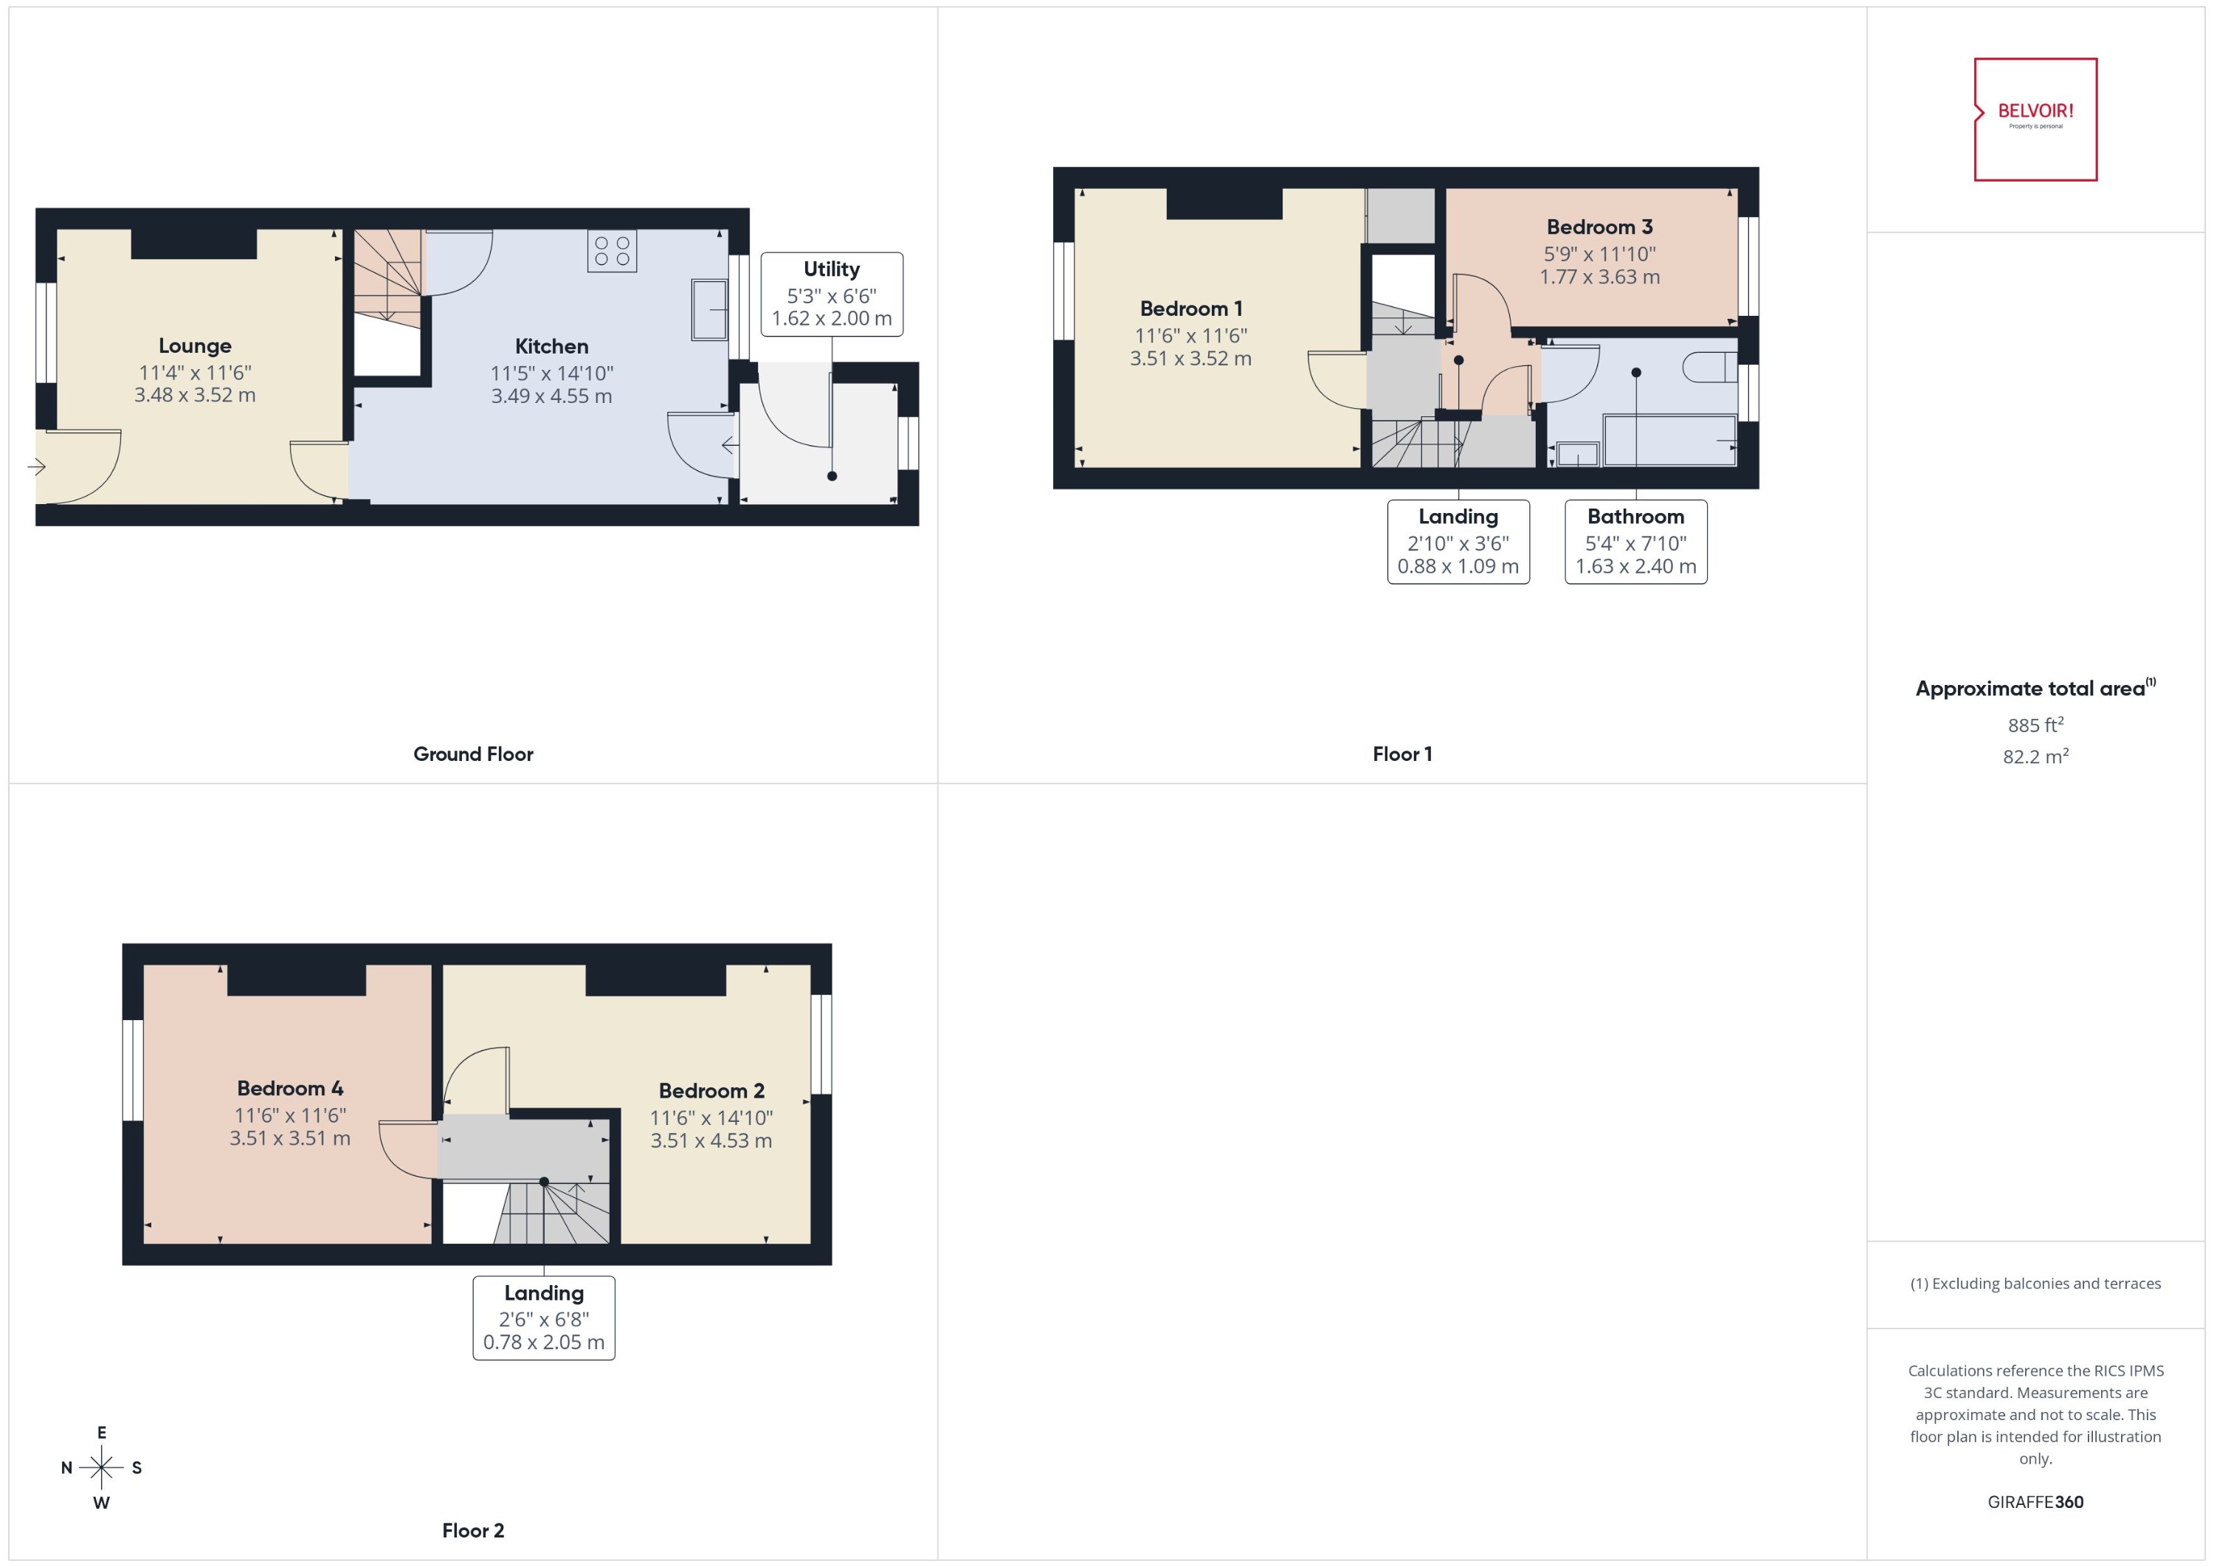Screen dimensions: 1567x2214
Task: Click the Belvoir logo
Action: pyautogui.click(x=2035, y=119)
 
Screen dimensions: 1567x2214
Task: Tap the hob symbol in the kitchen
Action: pyautogui.click(x=612, y=252)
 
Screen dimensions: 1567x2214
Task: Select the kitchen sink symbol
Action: pyautogui.click(x=709, y=310)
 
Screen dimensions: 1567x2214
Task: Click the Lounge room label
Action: pyautogui.click(x=195, y=345)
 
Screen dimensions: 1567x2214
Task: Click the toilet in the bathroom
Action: pyautogui.click(x=1708, y=368)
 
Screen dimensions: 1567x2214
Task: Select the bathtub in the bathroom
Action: pyautogui.click(x=1669, y=441)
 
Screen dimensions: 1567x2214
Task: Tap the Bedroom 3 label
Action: pyautogui.click(x=1599, y=227)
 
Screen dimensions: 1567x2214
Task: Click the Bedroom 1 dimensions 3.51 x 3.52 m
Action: pyautogui.click(x=1190, y=359)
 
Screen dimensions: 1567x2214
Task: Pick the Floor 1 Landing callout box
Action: pyautogui.click(x=1458, y=541)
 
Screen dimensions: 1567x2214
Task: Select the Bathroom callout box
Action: pyautogui.click(x=1635, y=541)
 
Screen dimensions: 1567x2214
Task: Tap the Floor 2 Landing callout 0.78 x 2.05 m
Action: pyautogui.click(x=543, y=1342)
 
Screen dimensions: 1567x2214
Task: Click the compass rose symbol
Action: pyautogui.click(x=101, y=1467)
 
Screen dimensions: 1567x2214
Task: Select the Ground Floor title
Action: pyautogui.click(x=473, y=754)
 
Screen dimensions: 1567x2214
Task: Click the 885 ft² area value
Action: pyautogui.click(x=2035, y=725)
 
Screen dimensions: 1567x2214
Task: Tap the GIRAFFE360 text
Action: pyautogui.click(x=2035, y=1502)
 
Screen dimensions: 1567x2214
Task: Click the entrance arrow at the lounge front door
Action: pyautogui.click(x=38, y=468)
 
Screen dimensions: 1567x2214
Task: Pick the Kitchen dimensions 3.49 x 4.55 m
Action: pyautogui.click(x=551, y=396)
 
